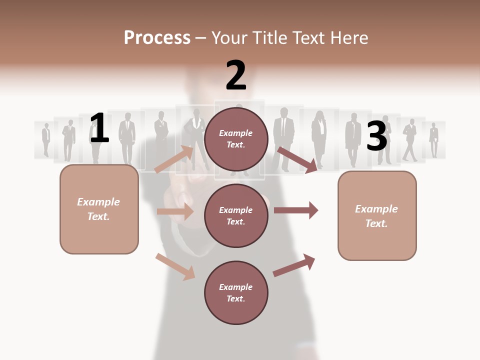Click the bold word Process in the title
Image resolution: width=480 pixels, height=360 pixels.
[x=157, y=38]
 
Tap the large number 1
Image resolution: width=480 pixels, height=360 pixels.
[x=99, y=128]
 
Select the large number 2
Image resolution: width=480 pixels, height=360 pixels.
[x=236, y=76]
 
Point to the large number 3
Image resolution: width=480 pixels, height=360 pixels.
[x=376, y=136]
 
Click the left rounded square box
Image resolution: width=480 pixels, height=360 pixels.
[x=99, y=209]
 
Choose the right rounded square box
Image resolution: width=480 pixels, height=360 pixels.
[x=377, y=215]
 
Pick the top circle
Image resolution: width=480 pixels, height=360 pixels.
[x=236, y=138]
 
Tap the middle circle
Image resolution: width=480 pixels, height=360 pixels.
[x=236, y=215]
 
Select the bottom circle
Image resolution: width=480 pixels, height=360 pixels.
[x=236, y=292]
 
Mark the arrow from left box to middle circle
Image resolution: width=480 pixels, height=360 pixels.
[x=175, y=211]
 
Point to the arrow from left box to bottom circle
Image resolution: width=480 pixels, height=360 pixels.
[x=175, y=266]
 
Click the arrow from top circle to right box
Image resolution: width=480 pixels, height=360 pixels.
[x=297, y=159]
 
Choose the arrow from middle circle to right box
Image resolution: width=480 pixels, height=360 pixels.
[x=296, y=210]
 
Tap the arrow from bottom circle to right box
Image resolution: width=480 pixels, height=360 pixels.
[x=294, y=265]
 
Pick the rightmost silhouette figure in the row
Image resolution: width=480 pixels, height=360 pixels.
[x=433, y=139]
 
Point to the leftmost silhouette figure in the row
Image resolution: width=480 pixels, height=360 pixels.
[x=46, y=139]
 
